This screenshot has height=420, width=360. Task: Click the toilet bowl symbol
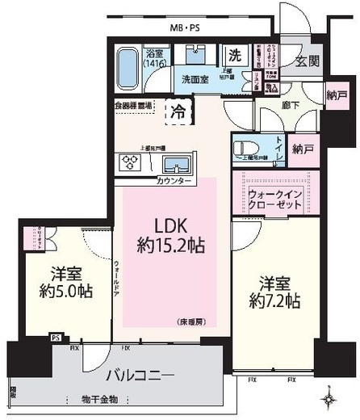pos(244,150)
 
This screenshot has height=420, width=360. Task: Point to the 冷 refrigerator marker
pos(178,111)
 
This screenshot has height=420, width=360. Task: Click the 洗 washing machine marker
pos(235,57)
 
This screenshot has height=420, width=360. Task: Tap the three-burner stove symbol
pos(132,163)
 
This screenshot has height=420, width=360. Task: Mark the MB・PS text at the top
pos(185,28)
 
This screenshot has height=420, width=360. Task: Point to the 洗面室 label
pos(195,79)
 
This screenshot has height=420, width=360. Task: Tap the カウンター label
pos(174,181)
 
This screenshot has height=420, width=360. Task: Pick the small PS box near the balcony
pos(56,338)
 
